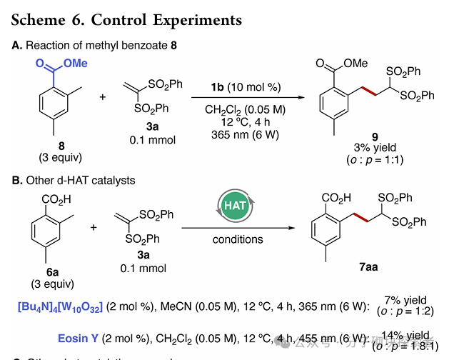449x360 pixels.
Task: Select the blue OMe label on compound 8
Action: click(x=75, y=64)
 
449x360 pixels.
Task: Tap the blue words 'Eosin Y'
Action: click(x=81, y=337)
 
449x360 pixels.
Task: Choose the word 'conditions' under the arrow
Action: click(x=238, y=239)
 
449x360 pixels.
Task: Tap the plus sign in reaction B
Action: click(x=94, y=226)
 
